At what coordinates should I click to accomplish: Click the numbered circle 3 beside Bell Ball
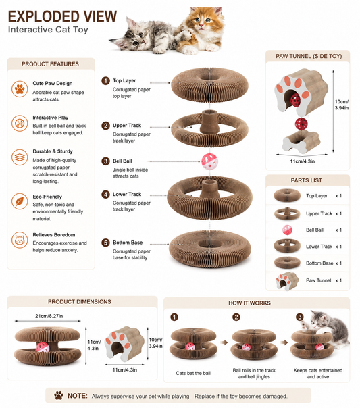pos(105,161)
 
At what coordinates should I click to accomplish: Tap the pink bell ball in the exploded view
pos(209,161)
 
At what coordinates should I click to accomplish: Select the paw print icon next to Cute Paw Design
pos(20,89)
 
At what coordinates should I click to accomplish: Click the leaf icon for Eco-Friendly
pos(20,201)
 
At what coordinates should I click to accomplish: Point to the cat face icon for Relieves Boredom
pos(20,240)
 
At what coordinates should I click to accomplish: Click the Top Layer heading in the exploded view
pos(124,80)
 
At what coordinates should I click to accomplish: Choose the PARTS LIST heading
pos(307,180)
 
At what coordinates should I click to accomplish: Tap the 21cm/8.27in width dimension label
pos(49,316)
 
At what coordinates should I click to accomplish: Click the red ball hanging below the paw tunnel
pos(301,124)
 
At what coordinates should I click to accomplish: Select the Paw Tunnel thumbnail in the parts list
pos(287,280)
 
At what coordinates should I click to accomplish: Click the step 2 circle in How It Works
pos(236,317)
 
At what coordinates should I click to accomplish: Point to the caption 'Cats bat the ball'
pos(193,373)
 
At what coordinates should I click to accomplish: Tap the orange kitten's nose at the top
pos(201,25)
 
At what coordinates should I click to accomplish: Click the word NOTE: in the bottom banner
pos(78,396)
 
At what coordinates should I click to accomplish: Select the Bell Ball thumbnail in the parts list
pos(287,230)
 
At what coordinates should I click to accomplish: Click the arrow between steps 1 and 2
pos(224,342)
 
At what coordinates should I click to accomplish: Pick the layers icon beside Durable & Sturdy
pos(20,157)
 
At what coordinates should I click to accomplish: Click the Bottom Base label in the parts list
pos(319,263)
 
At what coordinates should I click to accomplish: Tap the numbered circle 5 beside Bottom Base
pos(105,243)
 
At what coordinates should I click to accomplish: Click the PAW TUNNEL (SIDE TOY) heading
pos(309,56)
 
